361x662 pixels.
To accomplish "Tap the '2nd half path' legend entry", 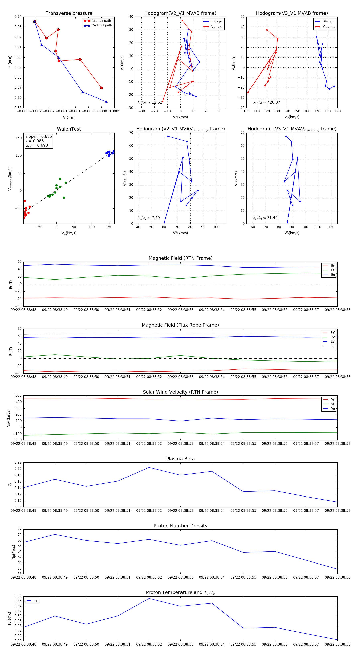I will coord(102,25).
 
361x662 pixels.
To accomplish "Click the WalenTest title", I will coord(69,129).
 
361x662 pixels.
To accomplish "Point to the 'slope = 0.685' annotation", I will coord(39,136).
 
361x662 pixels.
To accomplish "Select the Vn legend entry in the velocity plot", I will coord(333,409).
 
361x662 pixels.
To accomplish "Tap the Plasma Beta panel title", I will coord(180,459).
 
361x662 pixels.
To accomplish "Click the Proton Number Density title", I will coord(180,526).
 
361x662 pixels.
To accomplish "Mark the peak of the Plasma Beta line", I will coord(149,467).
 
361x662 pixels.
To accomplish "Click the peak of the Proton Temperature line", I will coord(149,599).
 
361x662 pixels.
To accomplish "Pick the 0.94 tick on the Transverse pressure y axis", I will coord(18,17).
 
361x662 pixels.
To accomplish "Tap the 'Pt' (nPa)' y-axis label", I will coord(10,62).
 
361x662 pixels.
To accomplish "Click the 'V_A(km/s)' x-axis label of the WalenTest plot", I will coord(69,233).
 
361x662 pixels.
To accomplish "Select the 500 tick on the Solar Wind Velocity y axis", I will coord(18,396).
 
